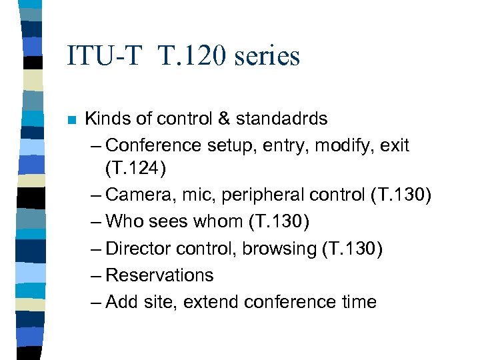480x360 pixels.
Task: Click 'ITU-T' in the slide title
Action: point(105,56)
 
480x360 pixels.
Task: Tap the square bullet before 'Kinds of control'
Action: point(72,121)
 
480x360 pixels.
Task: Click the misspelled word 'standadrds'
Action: point(281,119)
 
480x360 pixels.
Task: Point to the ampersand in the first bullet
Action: point(223,119)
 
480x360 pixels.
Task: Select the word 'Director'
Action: point(138,248)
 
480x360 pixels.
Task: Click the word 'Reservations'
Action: point(159,275)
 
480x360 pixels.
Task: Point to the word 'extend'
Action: point(211,301)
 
